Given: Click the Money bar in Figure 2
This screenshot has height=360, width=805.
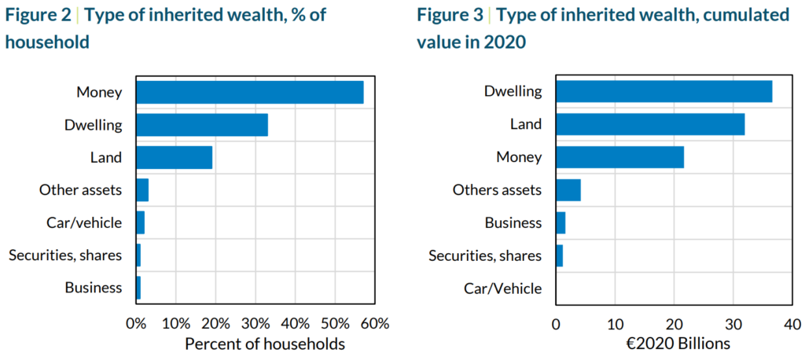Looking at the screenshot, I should coord(249,92).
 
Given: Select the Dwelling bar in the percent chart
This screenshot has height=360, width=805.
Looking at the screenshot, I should coord(201,125).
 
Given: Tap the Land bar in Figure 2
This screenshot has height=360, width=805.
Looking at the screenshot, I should coord(174,157).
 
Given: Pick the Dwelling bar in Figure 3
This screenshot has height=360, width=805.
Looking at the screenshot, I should coord(663,91).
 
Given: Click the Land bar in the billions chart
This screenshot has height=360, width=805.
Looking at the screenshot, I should coord(649,124).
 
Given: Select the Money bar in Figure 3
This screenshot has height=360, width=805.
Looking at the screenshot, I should coord(619,157).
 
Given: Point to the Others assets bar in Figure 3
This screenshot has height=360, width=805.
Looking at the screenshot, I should coord(568,190).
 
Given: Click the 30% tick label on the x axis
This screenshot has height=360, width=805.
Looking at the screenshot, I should coord(255,323).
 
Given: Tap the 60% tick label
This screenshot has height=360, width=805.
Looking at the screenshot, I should coord(374,323).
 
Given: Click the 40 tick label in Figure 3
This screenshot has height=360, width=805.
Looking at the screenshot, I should coord(792,323).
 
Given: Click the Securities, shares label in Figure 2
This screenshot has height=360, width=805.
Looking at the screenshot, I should coord(65,255).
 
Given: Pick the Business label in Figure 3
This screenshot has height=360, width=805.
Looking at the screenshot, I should coord(514,222).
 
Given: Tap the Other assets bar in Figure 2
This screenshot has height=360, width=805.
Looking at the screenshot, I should coord(142,190).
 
